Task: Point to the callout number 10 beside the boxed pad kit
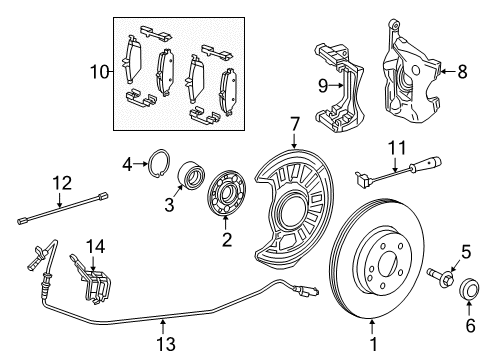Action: (x=98, y=72)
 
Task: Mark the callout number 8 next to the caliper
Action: (x=462, y=71)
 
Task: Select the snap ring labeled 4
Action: (x=158, y=161)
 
